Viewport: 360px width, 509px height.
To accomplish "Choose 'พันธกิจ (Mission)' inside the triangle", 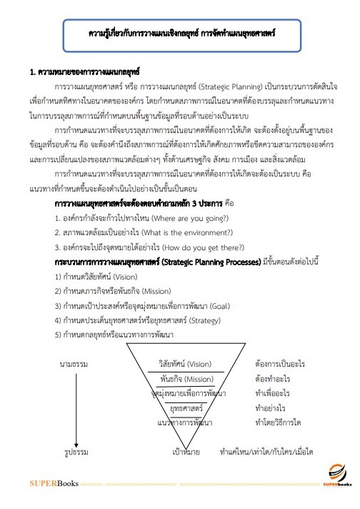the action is click(x=188, y=378).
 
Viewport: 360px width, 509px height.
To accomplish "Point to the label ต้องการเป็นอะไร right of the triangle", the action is click(x=279, y=364).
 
